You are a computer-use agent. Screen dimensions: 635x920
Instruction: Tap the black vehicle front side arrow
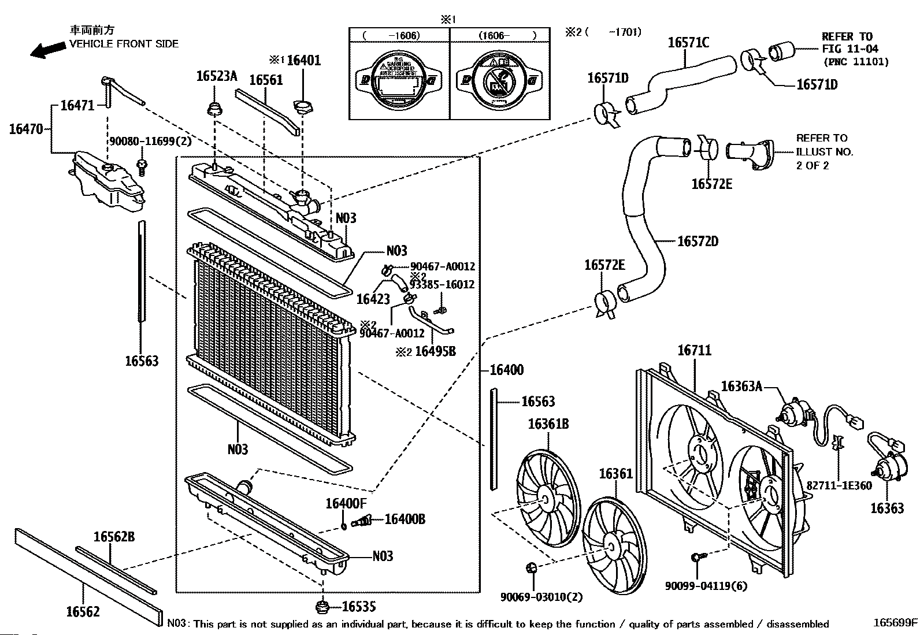pyautogui.click(x=48, y=50)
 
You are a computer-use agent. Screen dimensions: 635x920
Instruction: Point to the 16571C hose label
pyautogui.click(x=689, y=42)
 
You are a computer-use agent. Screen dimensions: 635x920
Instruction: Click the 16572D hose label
pyautogui.click(x=698, y=241)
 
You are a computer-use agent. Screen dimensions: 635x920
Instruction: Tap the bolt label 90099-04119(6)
pyautogui.click(x=706, y=586)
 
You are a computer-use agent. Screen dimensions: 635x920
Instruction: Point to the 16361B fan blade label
pyautogui.click(x=548, y=424)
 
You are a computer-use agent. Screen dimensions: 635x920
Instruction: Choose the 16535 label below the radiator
pyautogui.click(x=358, y=607)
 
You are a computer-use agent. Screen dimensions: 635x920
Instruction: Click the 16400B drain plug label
pyautogui.click(x=405, y=519)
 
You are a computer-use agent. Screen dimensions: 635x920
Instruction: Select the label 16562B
pyautogui.click(x=114, y=537)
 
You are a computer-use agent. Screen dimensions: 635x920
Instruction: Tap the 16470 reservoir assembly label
pyautogui.click(x=26, y=129)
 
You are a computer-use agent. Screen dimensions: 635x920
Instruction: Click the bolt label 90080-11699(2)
pyautogui.click(x=150, y=140)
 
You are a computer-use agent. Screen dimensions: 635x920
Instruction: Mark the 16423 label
pyautogui.click(x=373, y=299)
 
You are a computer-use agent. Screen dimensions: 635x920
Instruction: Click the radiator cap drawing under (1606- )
pyautogui.click(x=500, y=81)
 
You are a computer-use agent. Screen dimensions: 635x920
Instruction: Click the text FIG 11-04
pyautogui.click(x=850, y=49)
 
